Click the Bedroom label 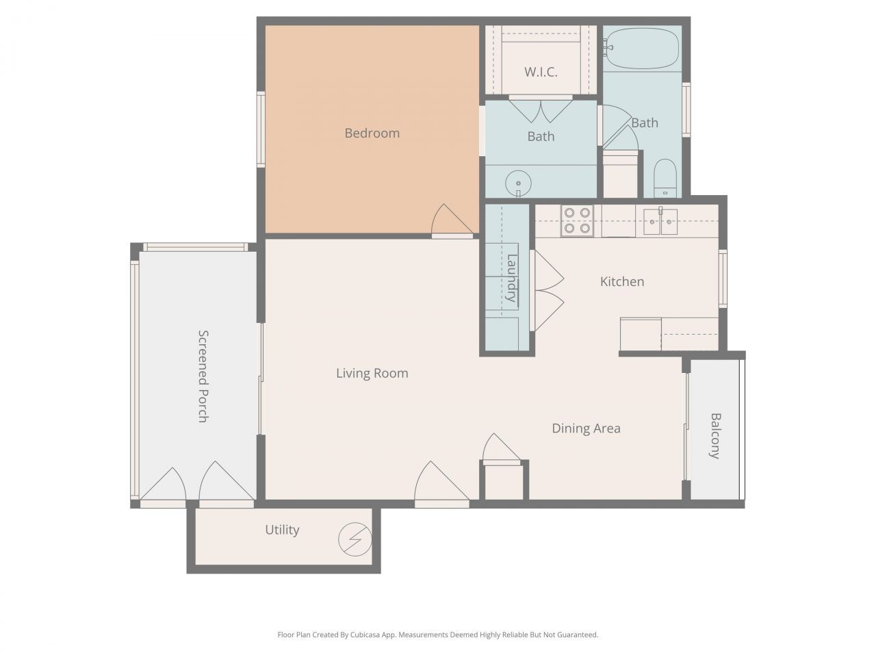click(372, 133)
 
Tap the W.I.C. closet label click(541, 72)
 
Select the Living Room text click(372, 373)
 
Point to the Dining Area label click(586, 428)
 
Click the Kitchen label click(621, 281)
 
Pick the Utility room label click(282, 530)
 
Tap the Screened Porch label click(203, 376)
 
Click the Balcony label click(715, 435)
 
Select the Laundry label click(511, 278)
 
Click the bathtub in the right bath click(641, 48)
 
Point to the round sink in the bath click(518, 183)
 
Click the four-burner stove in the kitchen click(576, 220)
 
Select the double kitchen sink click(660, 221)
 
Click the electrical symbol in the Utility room click(354, 539)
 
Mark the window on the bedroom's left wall click(261, 129)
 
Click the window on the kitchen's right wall click(723, 278)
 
